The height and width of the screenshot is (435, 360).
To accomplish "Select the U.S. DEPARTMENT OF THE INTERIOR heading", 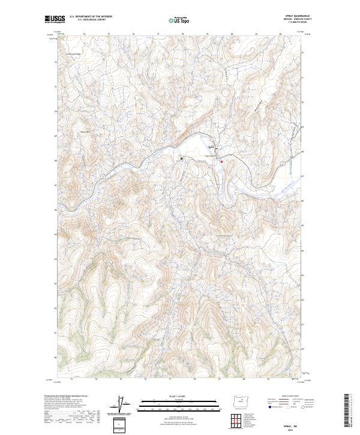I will coord(91,17).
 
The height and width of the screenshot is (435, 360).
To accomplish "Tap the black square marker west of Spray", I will coord(181,158).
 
